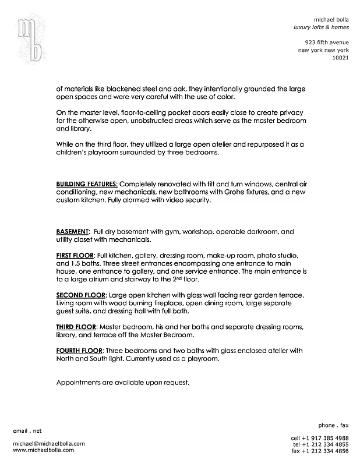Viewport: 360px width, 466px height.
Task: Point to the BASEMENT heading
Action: tap(72, 231)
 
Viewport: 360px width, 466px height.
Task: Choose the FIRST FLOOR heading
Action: tap(75, 256)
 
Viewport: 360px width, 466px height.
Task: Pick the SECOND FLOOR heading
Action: tap(80, 295)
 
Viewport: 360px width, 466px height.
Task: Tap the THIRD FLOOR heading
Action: tap(76, 327)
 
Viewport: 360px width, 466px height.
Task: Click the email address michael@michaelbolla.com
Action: tap(48, 443)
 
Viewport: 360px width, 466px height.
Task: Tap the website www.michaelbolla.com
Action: tap(43, 450)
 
